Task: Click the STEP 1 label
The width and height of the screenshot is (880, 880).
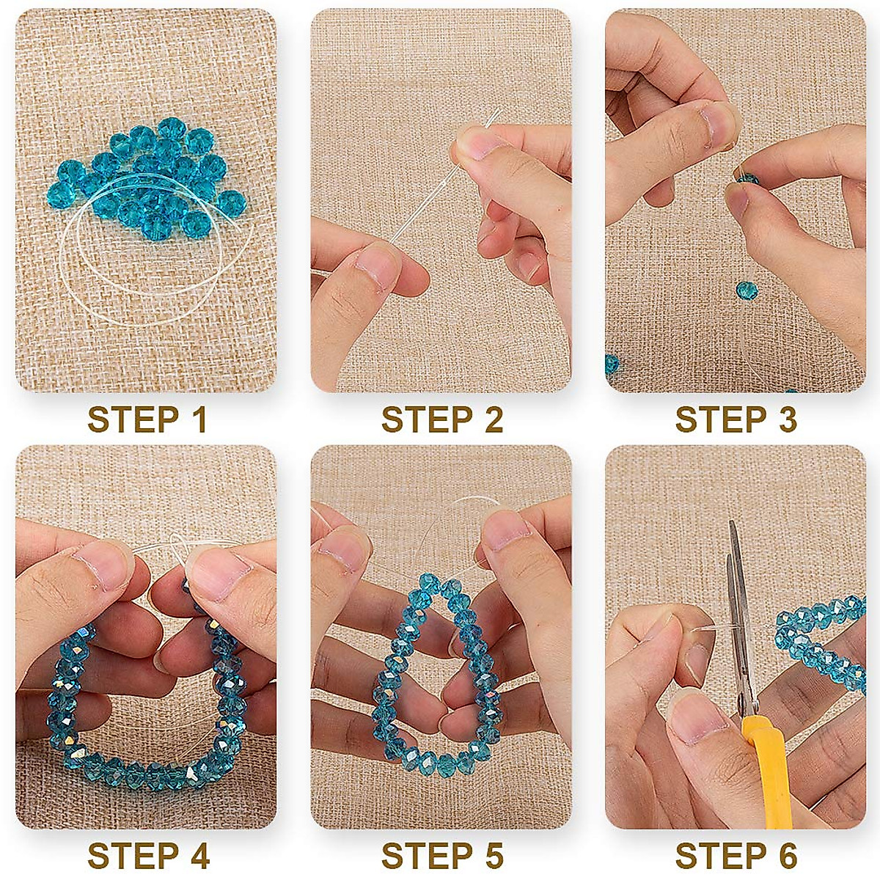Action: (147, 420)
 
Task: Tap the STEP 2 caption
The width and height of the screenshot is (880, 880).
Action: (441, 420)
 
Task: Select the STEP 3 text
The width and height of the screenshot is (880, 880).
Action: (736, 420)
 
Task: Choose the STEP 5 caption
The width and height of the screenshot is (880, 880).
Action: (441, 856)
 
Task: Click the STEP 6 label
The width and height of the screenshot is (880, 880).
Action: (736, 856)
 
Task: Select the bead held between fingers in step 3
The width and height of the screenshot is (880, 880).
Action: (746, 177)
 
